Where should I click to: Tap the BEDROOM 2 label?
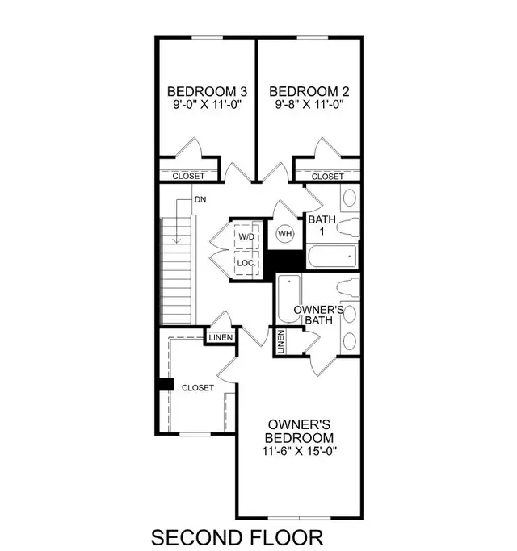(304, 91)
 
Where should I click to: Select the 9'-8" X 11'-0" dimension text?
(304, 105)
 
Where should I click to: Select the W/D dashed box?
(246, 236)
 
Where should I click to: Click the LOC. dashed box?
(246, 263)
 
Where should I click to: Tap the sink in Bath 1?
(350, 198)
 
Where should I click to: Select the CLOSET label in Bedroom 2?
(326, 176)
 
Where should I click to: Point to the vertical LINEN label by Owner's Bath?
(281, 342)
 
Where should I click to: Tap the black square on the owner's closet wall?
(166, 385)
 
